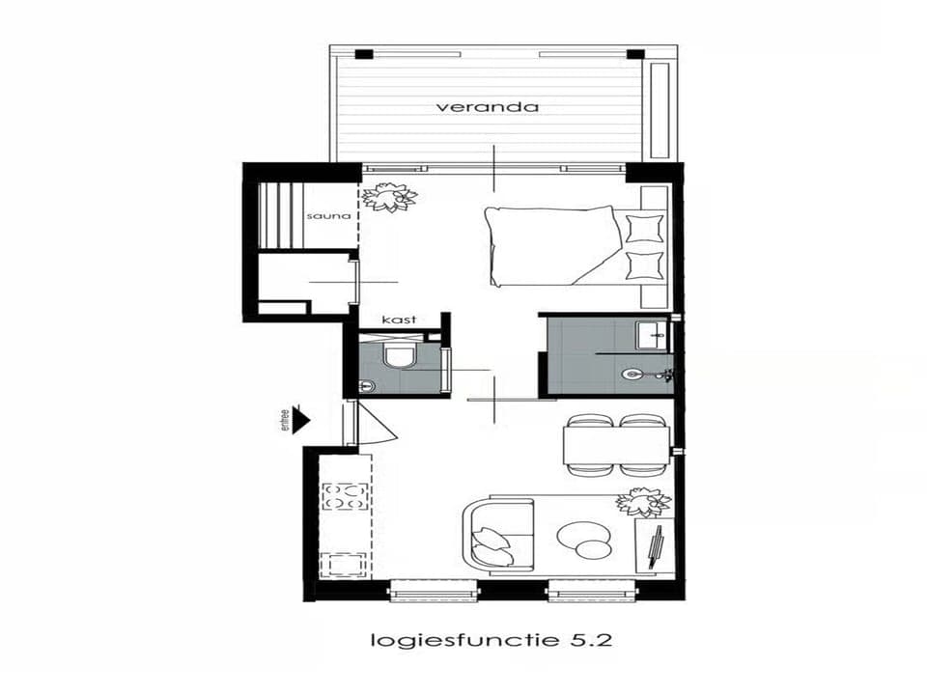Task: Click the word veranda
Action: click(x=487, y=107)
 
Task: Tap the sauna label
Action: click(x=322, y=216)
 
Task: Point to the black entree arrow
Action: click(x=300, y=419)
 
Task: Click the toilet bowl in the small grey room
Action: click(x=398, y=356)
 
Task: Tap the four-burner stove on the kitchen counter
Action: click(x=345, y=496)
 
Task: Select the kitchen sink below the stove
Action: click(x=344, y=564)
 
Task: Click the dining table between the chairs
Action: click(x=615, y=445)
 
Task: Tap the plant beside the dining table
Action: click(x=642, y=502)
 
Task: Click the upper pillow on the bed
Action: click(x=644, y=229)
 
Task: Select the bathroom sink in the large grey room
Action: click(x=650, y=335)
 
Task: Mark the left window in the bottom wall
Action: click(x=433, y=590)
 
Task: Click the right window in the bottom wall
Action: click(x=591, y=590)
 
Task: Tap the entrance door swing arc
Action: click(x=381, y=425)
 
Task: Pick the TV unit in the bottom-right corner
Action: click(x=654, y=548)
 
